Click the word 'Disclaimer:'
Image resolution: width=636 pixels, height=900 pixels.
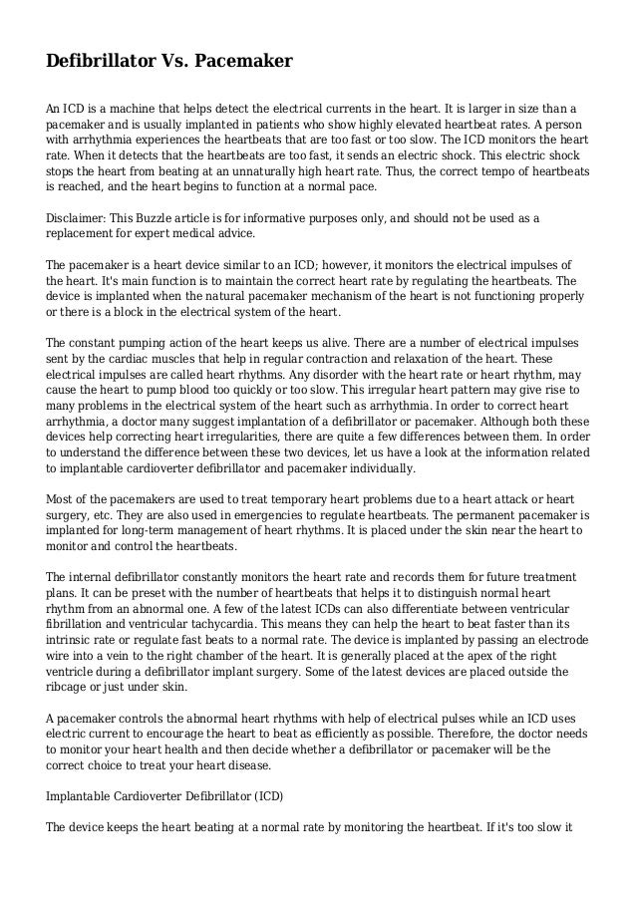(x=76, y=218)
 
